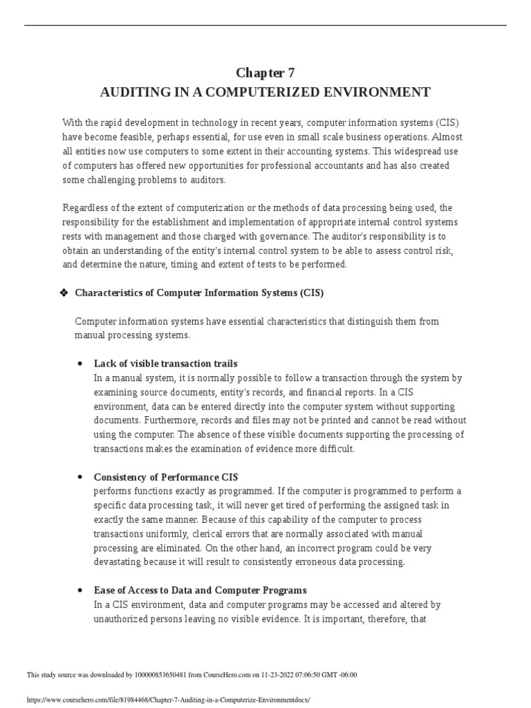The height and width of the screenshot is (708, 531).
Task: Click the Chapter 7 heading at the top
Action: coord(265,73)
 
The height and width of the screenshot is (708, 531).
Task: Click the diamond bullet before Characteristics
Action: coord(65,293)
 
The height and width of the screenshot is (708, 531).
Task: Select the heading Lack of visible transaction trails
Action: coord(165,364)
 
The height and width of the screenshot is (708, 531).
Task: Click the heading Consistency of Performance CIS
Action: coord(166,477)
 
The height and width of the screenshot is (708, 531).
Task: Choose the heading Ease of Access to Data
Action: coord(200,590)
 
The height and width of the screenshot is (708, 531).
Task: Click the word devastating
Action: coord(118,561)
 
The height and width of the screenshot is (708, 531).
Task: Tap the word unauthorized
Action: coord(123,619)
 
